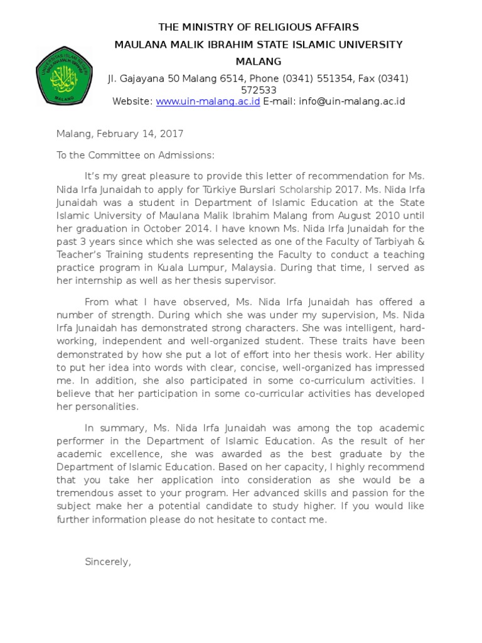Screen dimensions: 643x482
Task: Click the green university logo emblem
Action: pos(64,75)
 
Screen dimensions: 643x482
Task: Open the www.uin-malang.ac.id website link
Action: pos(208,101)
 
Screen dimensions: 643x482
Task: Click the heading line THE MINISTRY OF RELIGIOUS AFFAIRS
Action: pos(258,27)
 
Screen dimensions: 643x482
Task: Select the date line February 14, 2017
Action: pos(139,134)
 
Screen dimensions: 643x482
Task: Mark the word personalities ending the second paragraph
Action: pos(107,406)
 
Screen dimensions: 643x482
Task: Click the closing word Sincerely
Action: pos(108,562)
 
